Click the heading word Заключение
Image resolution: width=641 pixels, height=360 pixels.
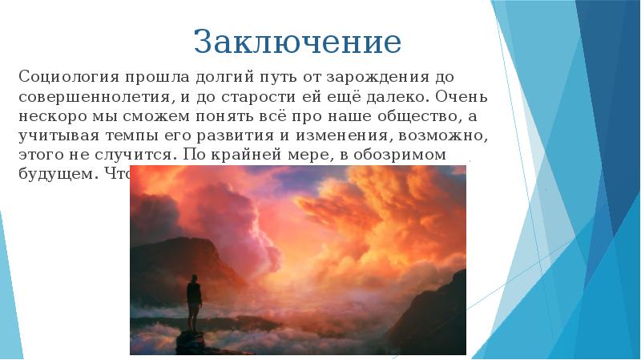[x=297, y=41]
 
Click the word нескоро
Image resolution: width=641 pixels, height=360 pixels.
[x=50, y=115]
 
